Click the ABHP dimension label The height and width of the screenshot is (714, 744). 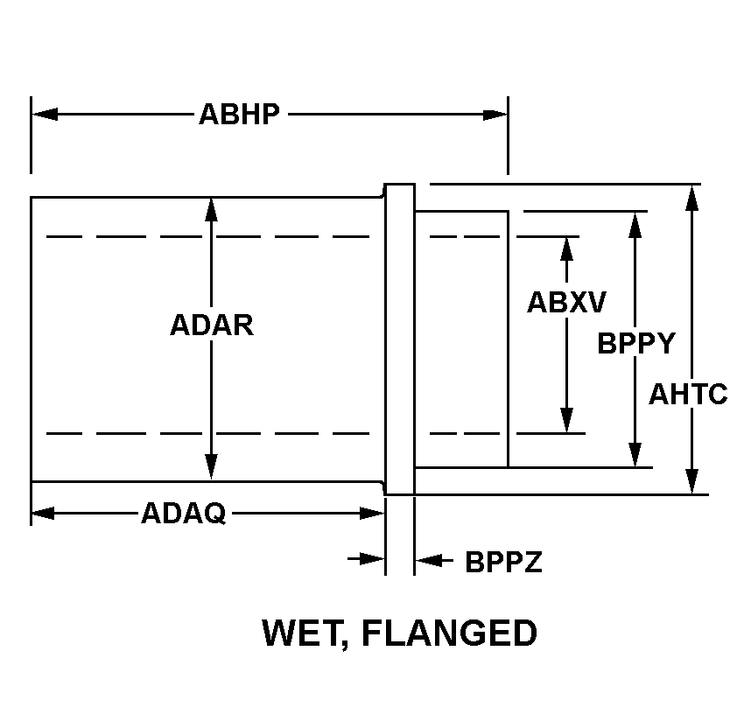[239, 115]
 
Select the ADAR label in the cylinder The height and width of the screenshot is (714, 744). [212, 325]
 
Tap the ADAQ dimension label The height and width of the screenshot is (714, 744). [183, 514]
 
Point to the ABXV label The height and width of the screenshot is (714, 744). [566, 302]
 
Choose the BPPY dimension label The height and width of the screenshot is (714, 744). [636, 343]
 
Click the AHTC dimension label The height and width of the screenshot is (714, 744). [688, 395]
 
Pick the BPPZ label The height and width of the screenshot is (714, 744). [503, 562]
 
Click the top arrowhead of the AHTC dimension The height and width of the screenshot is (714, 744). [692, 198]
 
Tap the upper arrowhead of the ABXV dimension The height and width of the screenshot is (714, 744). [566, 248]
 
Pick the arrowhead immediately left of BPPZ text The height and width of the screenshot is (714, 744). [427, 559]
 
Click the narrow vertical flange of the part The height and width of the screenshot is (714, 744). [400, 339]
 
